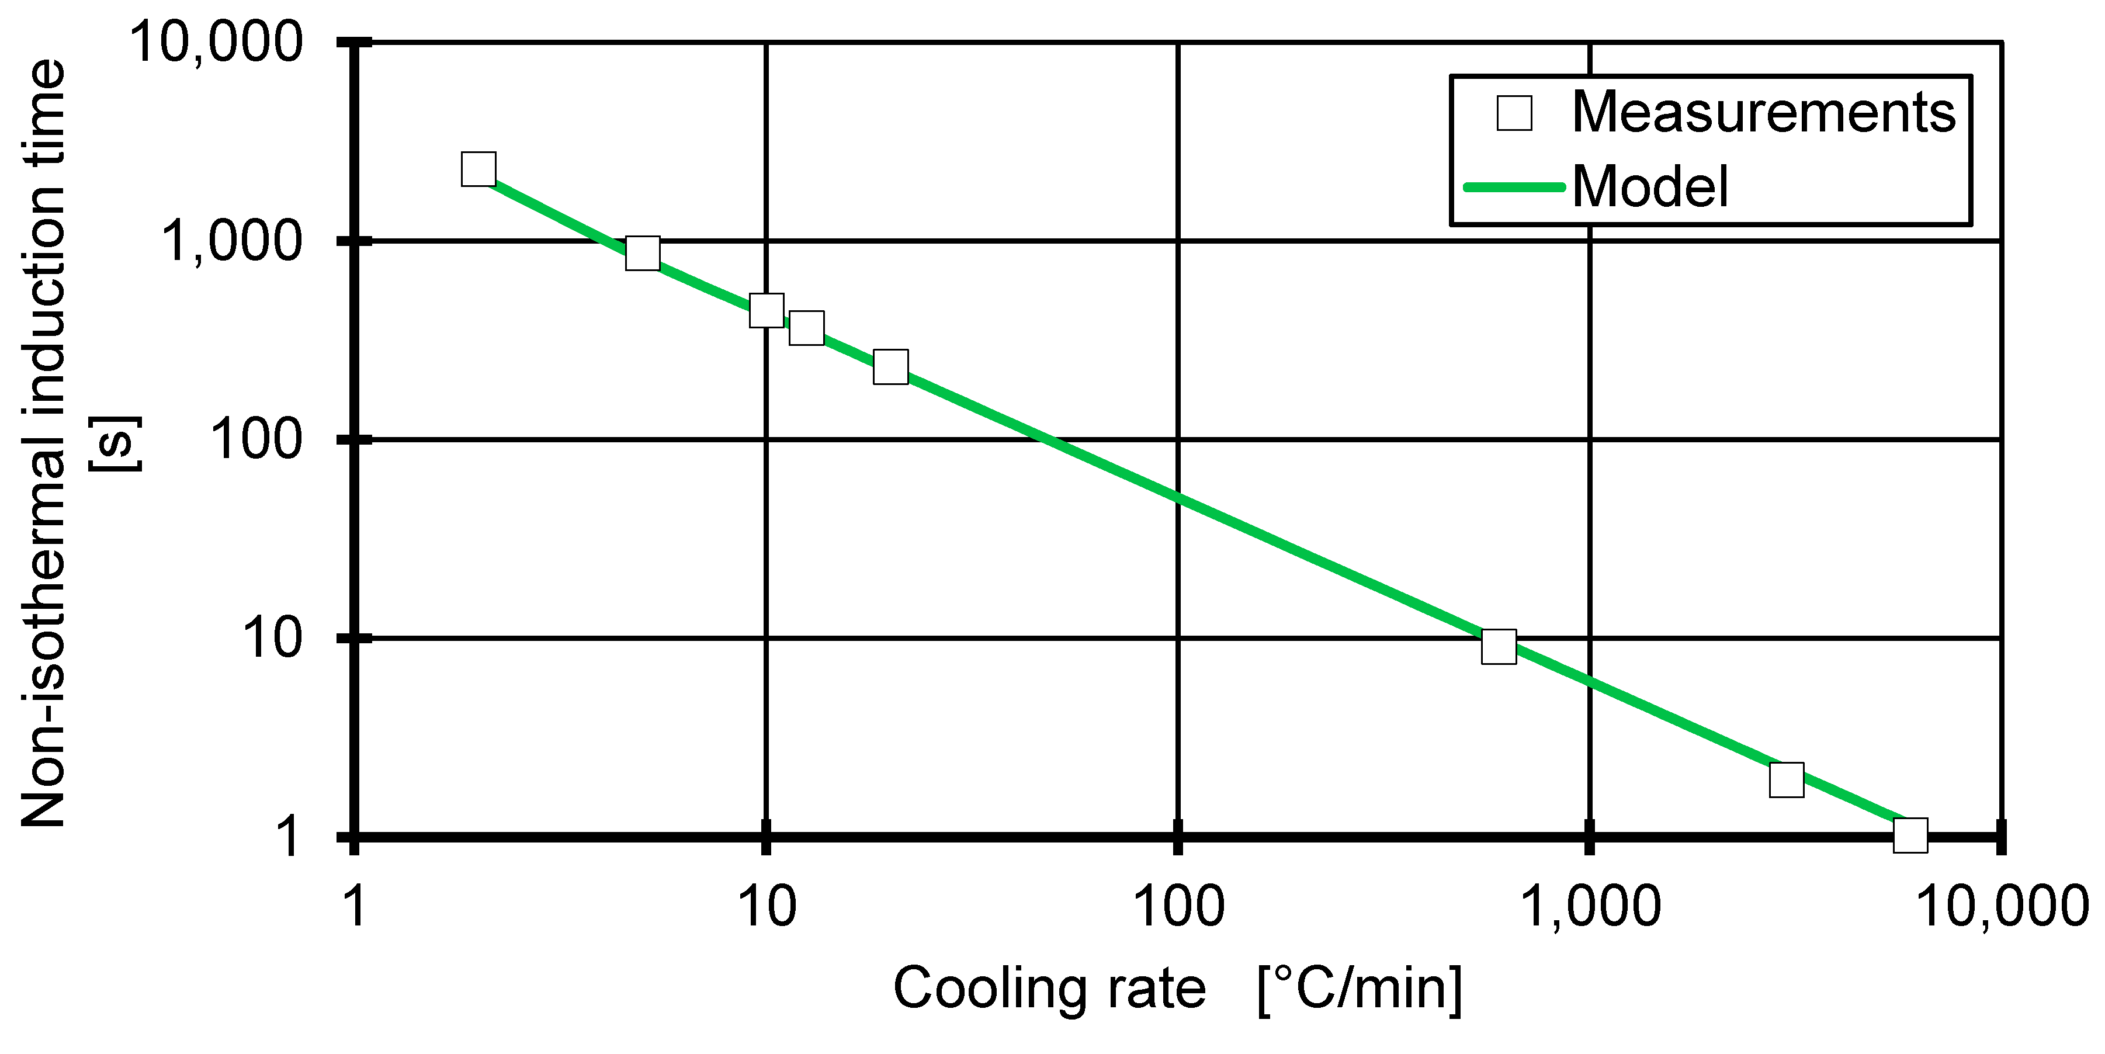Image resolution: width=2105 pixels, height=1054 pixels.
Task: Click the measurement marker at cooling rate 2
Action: pyautogui.click(x=478, y=168)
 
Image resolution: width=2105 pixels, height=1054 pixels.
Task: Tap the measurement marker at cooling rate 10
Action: pyautogui.click(x=767, y=310)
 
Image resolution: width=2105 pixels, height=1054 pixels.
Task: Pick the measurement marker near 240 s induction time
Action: pyautogui.click(x=891, y=367)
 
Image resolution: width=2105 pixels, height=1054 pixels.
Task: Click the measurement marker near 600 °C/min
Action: pyautogui.click(x=1499, y=646)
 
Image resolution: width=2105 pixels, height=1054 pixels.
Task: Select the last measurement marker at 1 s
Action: pyautogui.click(x=1910, y=834)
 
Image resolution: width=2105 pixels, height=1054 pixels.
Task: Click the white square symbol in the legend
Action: pyautogui.click(x=1514, y=113)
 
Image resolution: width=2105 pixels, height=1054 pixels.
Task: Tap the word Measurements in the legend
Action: pyautogui.click(x=1763, y=112)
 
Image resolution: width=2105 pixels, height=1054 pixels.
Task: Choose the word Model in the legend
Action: pyautogui.click(x=1650, y=187)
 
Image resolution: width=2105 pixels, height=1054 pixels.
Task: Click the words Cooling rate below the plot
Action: pyautogui.click(x=1049, y=990)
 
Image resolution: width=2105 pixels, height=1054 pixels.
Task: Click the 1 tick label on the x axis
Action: pyautogui.click(x=355, y=908)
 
